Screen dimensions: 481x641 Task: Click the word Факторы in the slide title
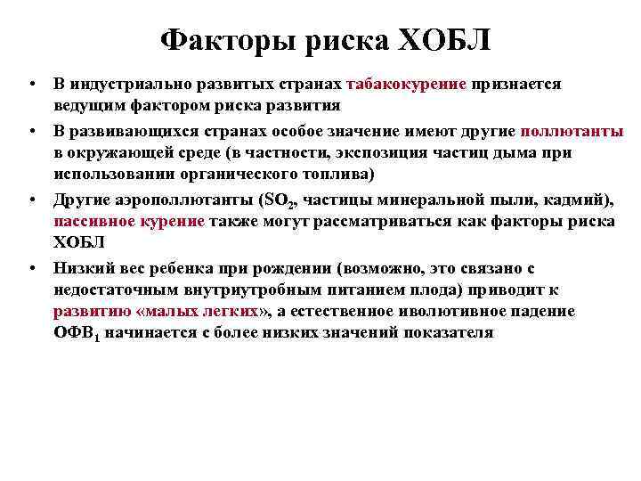tap(213, 39)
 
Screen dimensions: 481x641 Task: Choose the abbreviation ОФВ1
tap(77, 334)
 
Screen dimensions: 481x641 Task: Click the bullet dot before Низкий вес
tap(31, 267)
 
